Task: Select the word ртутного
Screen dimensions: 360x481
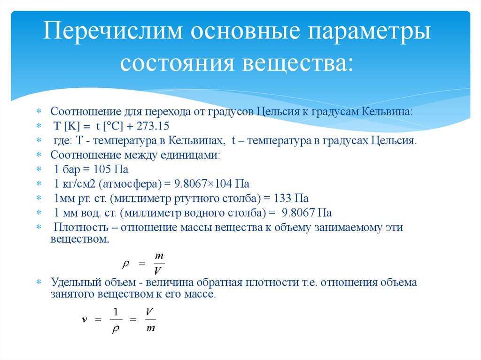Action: point(191,198)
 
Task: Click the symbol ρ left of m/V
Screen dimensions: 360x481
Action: point(125,264)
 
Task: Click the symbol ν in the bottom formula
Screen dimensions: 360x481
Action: point(84,319)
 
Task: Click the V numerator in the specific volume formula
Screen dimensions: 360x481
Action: point(150,311)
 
